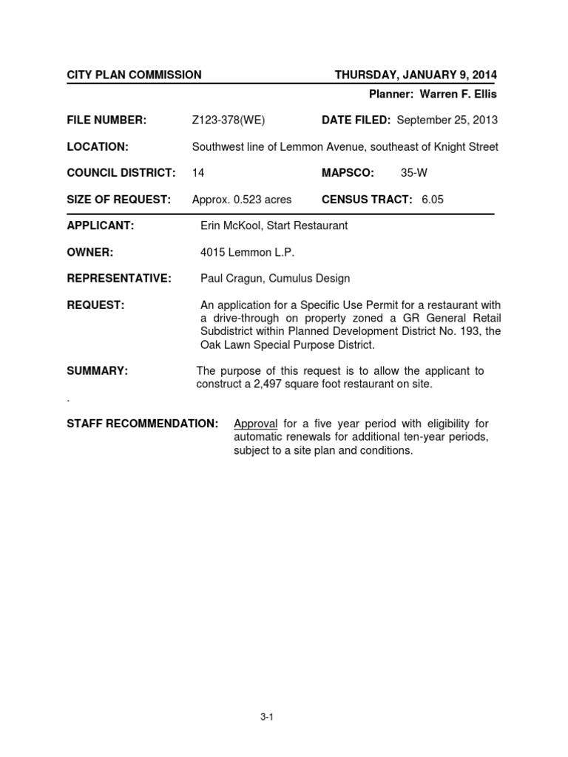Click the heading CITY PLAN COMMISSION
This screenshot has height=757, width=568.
pyautogui.click(x=134, y=75)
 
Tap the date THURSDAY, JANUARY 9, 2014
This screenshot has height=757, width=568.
pyautogui.click(x=416, y=75)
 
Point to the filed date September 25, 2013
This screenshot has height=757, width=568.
pyautogui.click(x=447, y=120)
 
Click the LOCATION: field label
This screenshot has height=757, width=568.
pyautogui.click(x=98, y=147)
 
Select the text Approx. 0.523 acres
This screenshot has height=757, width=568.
pyautogui.click(x=242, y=200)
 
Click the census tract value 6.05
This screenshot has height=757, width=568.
pyautogui.click(x=433, y=200)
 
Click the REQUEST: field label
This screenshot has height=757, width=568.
pyautogui.click(x=95, y=305)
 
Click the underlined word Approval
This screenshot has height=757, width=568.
pyautogui.click(x=255, y=424)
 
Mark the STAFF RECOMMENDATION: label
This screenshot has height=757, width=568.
pyautogui.click(x=143, y=424)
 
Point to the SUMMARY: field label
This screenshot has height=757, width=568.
pyautogui.click(x=98, y=371)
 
